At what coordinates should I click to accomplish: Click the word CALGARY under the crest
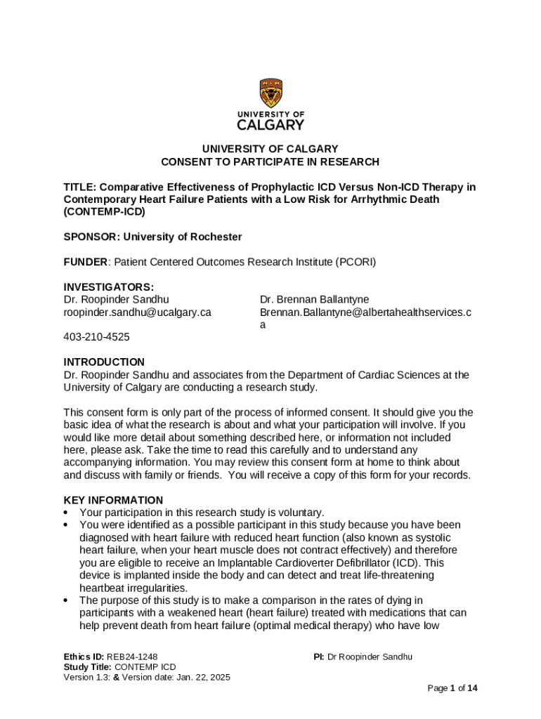coord(270,125)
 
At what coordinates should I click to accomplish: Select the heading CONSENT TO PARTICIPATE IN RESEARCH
coord(270,162)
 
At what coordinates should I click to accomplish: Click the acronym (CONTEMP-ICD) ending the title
coord(105,212)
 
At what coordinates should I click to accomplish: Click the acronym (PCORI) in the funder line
coord(355,263)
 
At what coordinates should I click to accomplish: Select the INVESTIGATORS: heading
coord(109,287)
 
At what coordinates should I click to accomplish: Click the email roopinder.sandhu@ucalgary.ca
coord(138,312)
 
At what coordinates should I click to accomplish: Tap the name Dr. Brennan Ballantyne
coord(314,300)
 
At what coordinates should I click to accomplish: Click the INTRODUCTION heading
coord(104,362)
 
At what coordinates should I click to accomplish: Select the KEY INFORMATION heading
coord(113,501)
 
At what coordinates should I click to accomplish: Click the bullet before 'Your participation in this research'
coord(67,513)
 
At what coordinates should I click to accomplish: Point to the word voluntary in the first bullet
coord(302,513)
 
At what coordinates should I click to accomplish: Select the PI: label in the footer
coord(319,657)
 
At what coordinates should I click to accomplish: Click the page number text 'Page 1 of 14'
coord(453,689)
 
